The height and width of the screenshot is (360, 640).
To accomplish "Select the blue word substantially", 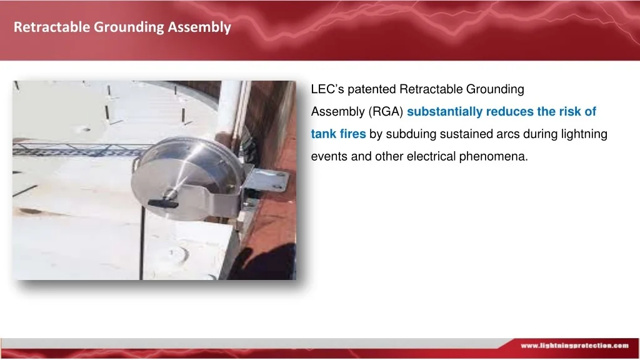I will (x=444, y=112).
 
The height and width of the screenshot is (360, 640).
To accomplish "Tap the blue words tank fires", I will (x=338, y=134).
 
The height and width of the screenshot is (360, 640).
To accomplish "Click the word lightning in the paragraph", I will (x=583, y=134).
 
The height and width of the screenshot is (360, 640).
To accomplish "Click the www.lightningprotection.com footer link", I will (x=574, y=345).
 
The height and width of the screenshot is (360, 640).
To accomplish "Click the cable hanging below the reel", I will (x=142, y=244).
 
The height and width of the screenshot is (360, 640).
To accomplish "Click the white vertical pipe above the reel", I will (x=229, y=106).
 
